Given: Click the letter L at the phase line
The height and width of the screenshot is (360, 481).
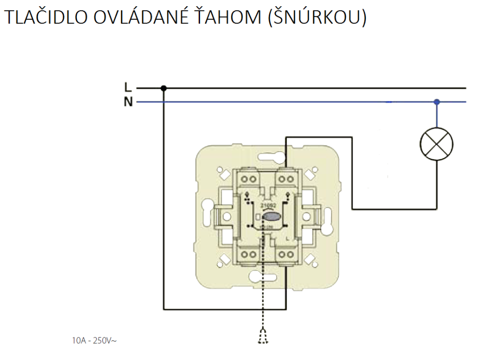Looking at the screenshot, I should [127, 88].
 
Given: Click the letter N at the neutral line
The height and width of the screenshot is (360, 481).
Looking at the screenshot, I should [127, 102].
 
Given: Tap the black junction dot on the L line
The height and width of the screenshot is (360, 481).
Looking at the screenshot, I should [164, 88].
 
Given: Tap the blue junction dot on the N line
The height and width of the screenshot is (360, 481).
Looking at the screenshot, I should [437, 102].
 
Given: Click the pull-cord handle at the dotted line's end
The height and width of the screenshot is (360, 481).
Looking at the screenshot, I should [263, 337].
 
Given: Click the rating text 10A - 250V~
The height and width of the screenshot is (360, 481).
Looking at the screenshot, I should [94, 341].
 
